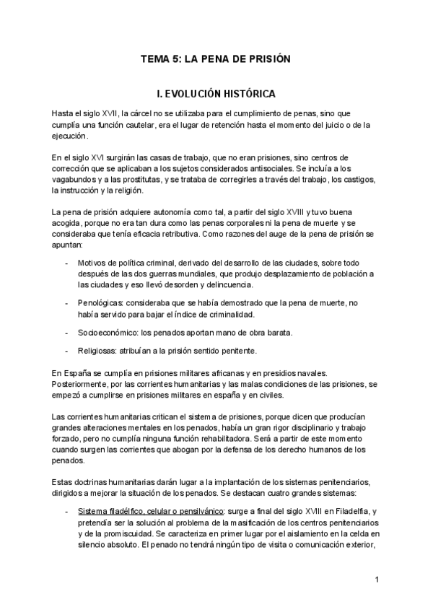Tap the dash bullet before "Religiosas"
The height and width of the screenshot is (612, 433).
tap(66, 351)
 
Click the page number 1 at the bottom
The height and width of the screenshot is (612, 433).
tap(377, 580)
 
